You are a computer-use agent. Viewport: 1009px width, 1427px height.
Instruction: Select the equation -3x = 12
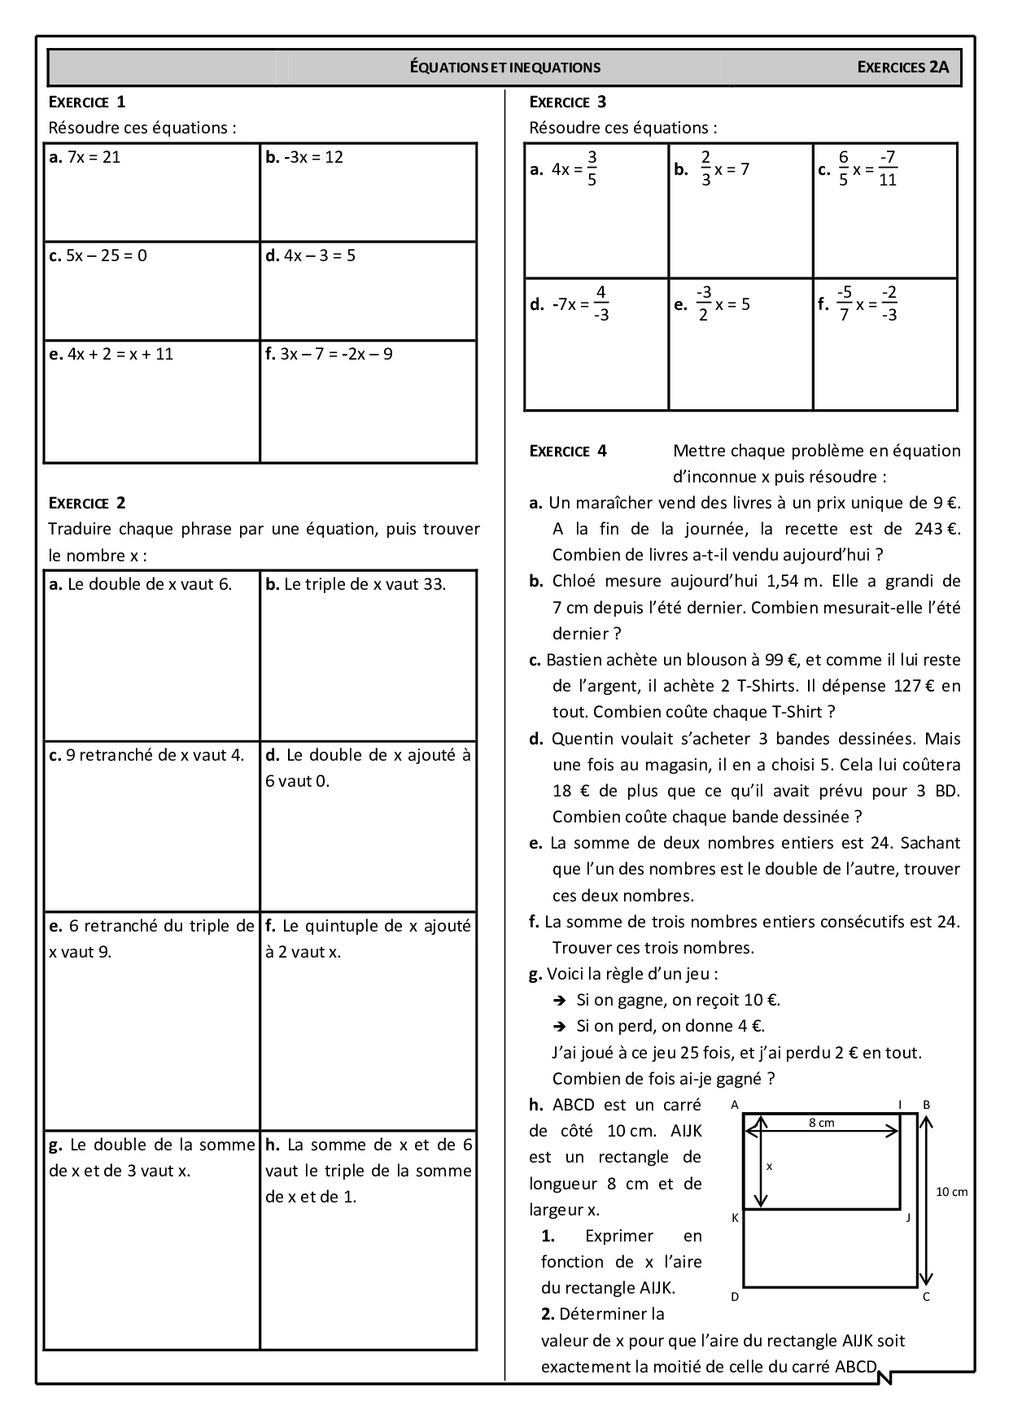(x=313, y=157)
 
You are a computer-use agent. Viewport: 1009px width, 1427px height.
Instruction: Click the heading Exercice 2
(x=87, y=503)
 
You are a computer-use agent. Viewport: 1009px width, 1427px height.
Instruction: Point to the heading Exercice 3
(x=567, y=102)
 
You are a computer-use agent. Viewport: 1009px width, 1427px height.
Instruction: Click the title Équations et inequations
(x=504, y=68)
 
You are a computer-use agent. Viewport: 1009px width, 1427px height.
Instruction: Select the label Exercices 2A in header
(x=903, y=68)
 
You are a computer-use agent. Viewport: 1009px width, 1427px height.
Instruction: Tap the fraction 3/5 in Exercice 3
(x=592, y=168)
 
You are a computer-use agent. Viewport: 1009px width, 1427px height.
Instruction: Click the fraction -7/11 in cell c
(x=888, y=168)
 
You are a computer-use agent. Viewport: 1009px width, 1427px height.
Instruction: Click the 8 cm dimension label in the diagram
(x=821, y=1123)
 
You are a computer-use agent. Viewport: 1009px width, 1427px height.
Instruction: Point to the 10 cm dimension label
(x=951, y=1192)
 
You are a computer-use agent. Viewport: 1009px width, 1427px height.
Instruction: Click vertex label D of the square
(x=734, y=1297)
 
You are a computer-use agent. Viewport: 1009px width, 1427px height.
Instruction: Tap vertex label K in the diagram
(x=734, y=1218)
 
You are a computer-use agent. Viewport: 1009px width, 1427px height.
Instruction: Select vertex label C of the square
(x=926, y=1297)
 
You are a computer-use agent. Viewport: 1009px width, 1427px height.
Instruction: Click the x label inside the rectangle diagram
(x=769, y=1166)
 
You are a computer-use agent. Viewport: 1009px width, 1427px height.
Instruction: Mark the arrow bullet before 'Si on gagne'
(x=560, y=1000)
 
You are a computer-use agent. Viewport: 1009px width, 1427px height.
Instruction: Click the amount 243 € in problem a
(x=937, y=529)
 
